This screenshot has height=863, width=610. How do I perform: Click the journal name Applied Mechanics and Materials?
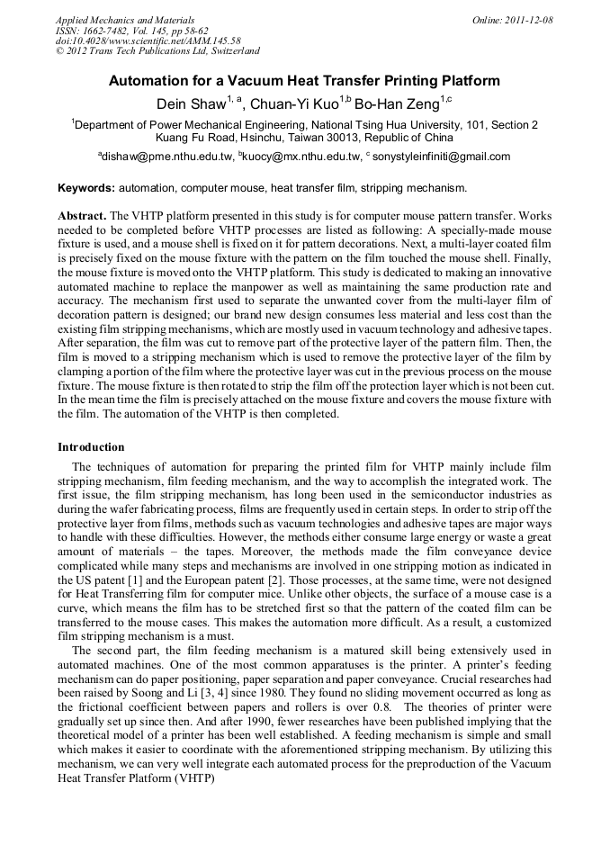[125, 20]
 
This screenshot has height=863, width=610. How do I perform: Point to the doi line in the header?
[148, 40]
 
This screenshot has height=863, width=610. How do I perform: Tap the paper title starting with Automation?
[304, 81]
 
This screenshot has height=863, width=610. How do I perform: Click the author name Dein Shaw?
[191, 103]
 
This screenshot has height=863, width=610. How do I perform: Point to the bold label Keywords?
[85, 188]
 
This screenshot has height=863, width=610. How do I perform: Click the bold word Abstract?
[82, 217]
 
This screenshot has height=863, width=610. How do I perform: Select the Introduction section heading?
[91, 447]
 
